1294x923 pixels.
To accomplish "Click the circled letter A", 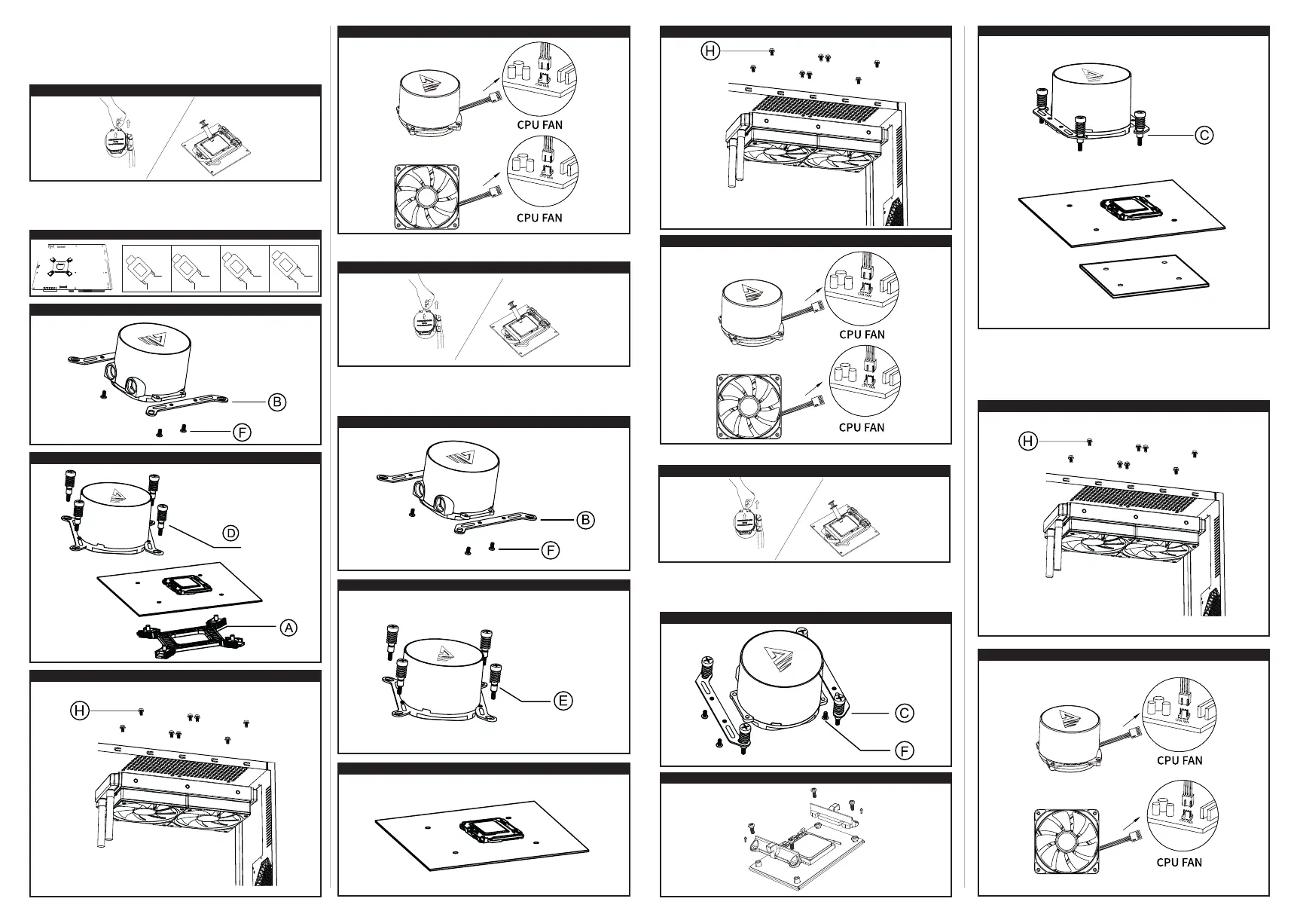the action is point(288,627).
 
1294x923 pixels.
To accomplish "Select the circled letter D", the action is point(232,533).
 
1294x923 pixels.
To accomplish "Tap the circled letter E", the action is point(563,701).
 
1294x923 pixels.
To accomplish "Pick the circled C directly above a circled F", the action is point(905,713).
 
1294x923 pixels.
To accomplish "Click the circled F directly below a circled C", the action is point(905,750).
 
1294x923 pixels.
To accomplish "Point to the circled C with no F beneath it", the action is point(1204,135).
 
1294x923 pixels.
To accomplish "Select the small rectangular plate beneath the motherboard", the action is point(1143,277).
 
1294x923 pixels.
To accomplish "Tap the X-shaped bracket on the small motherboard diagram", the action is point(61,267).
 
